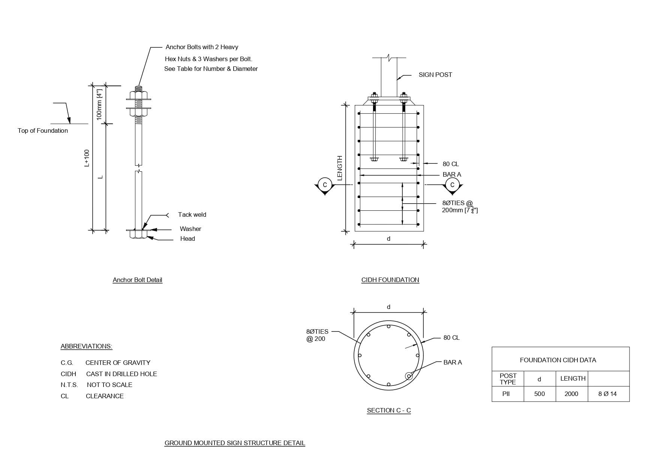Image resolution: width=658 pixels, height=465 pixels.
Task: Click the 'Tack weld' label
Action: (x=192, y=214)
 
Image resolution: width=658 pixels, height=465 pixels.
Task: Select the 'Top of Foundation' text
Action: (x=43, y=130)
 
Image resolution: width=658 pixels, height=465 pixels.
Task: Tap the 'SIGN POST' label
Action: (x=435, y=75)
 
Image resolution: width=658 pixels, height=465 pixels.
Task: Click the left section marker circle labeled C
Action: (x=325, y=185)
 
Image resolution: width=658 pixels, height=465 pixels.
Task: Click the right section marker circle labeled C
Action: (x=452, y=185)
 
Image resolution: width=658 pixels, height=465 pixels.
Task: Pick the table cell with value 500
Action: (x=540, y=394)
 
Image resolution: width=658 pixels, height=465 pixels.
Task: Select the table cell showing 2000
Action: (x=571, y=394)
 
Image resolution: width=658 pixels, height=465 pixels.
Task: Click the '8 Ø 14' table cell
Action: (x=607, y=394)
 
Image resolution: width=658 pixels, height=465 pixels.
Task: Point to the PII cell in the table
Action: (x=506, y=394)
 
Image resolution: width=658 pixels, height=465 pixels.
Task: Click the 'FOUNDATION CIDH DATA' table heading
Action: (x=558, y=360)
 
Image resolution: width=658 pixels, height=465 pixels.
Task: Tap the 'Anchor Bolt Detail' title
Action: (x=137, y=280)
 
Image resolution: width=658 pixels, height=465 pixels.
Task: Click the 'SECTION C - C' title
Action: (x=389, y=410)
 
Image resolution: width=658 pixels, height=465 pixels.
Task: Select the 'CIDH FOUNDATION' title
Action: (x=390, y=280)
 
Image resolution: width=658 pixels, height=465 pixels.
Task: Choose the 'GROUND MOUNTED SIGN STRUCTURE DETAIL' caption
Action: (x=235, y=443)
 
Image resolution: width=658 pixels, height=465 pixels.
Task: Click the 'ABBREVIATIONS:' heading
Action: (x=86, y=346)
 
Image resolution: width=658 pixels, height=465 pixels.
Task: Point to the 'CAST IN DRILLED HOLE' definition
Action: (x=121, y=374)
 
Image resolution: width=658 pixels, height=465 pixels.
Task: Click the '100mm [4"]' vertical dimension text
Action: (x=99, y=104)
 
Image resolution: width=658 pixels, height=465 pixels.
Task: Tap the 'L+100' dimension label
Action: (x=87, y=158)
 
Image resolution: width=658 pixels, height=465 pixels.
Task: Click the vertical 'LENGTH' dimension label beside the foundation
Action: (x=340, y=168)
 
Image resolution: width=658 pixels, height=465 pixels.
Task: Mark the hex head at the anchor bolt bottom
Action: (x=138, y=234)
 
